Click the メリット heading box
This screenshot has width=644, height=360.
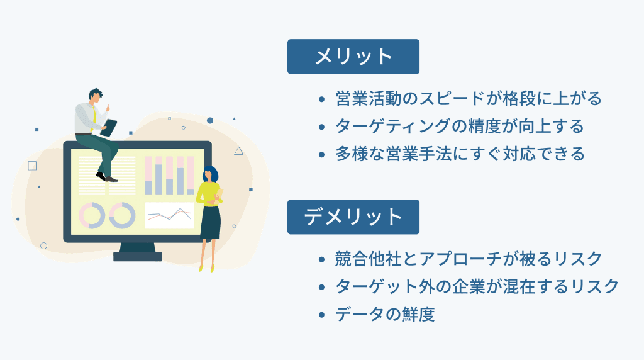click(353, 57)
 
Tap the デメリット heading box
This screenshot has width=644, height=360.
click(353, 217)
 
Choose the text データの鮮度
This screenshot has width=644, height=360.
click(385, 314)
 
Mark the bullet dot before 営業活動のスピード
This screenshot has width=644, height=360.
click(322, 99)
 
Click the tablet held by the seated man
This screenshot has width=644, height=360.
click(109, 128)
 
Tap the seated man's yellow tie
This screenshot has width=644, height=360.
click(93, 117)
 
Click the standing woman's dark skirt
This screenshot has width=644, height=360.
click(211, 221)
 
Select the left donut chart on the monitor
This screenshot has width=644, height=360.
click(92, 215)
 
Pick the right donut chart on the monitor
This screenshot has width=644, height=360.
click(122, 215)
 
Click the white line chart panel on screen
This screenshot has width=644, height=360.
click(169, 215)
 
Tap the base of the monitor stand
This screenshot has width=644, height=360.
click(137, 256)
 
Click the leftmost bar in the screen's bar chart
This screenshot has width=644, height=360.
click(148, 176)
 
